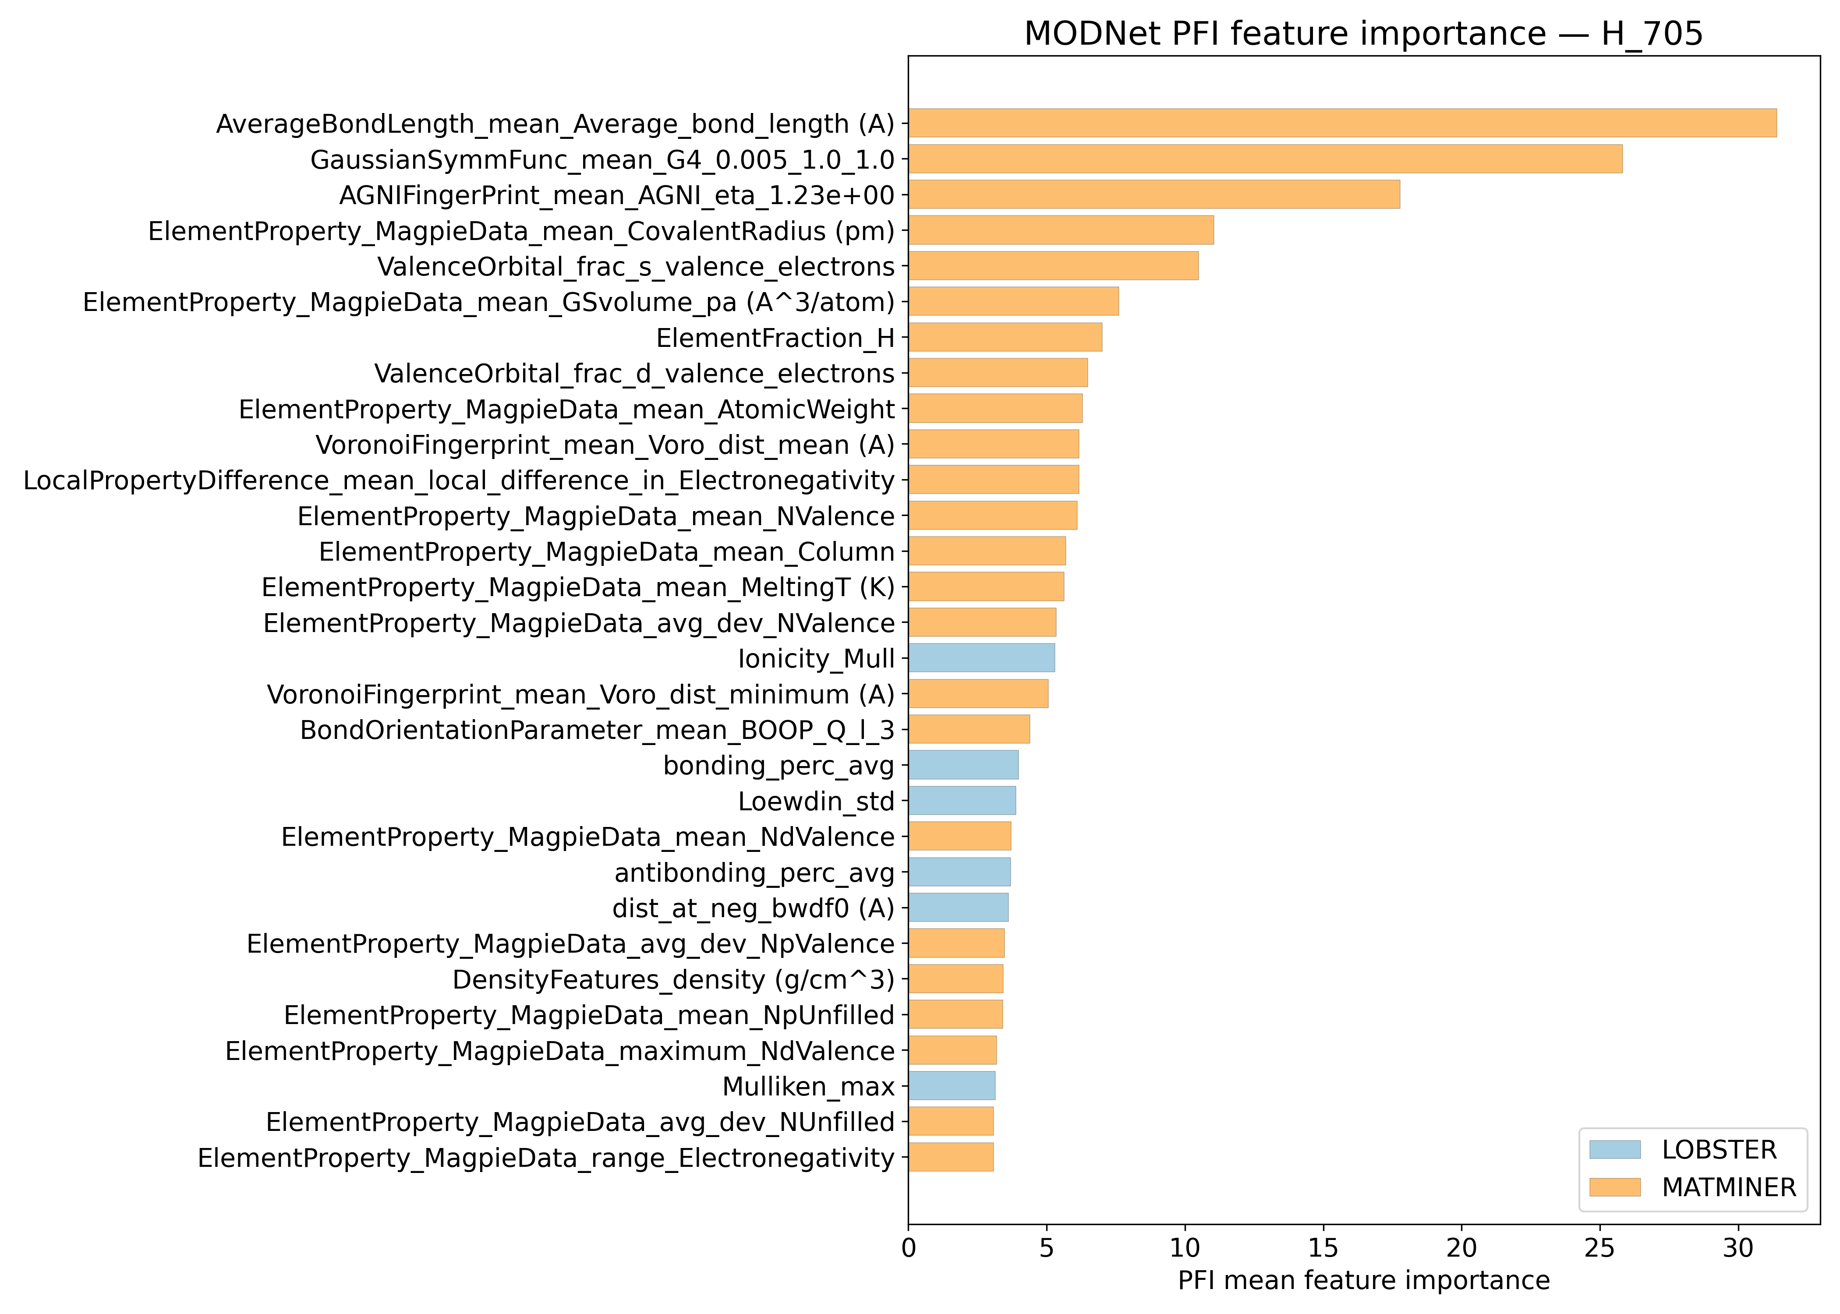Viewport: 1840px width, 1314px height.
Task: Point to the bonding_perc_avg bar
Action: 963,765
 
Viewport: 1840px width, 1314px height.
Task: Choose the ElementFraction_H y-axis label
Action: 775,337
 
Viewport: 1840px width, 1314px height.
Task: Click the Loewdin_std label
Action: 816,801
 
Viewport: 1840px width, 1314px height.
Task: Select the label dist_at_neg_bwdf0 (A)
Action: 753,908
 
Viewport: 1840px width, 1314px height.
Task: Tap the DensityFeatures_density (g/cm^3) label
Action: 673,979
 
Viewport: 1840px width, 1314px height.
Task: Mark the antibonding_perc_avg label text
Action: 754,872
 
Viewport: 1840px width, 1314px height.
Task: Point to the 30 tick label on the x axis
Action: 1737,1248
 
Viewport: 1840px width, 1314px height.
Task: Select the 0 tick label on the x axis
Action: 909,1248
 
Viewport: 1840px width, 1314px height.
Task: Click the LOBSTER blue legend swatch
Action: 1614,1149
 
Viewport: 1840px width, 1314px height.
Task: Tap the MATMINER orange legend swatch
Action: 1614,1187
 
